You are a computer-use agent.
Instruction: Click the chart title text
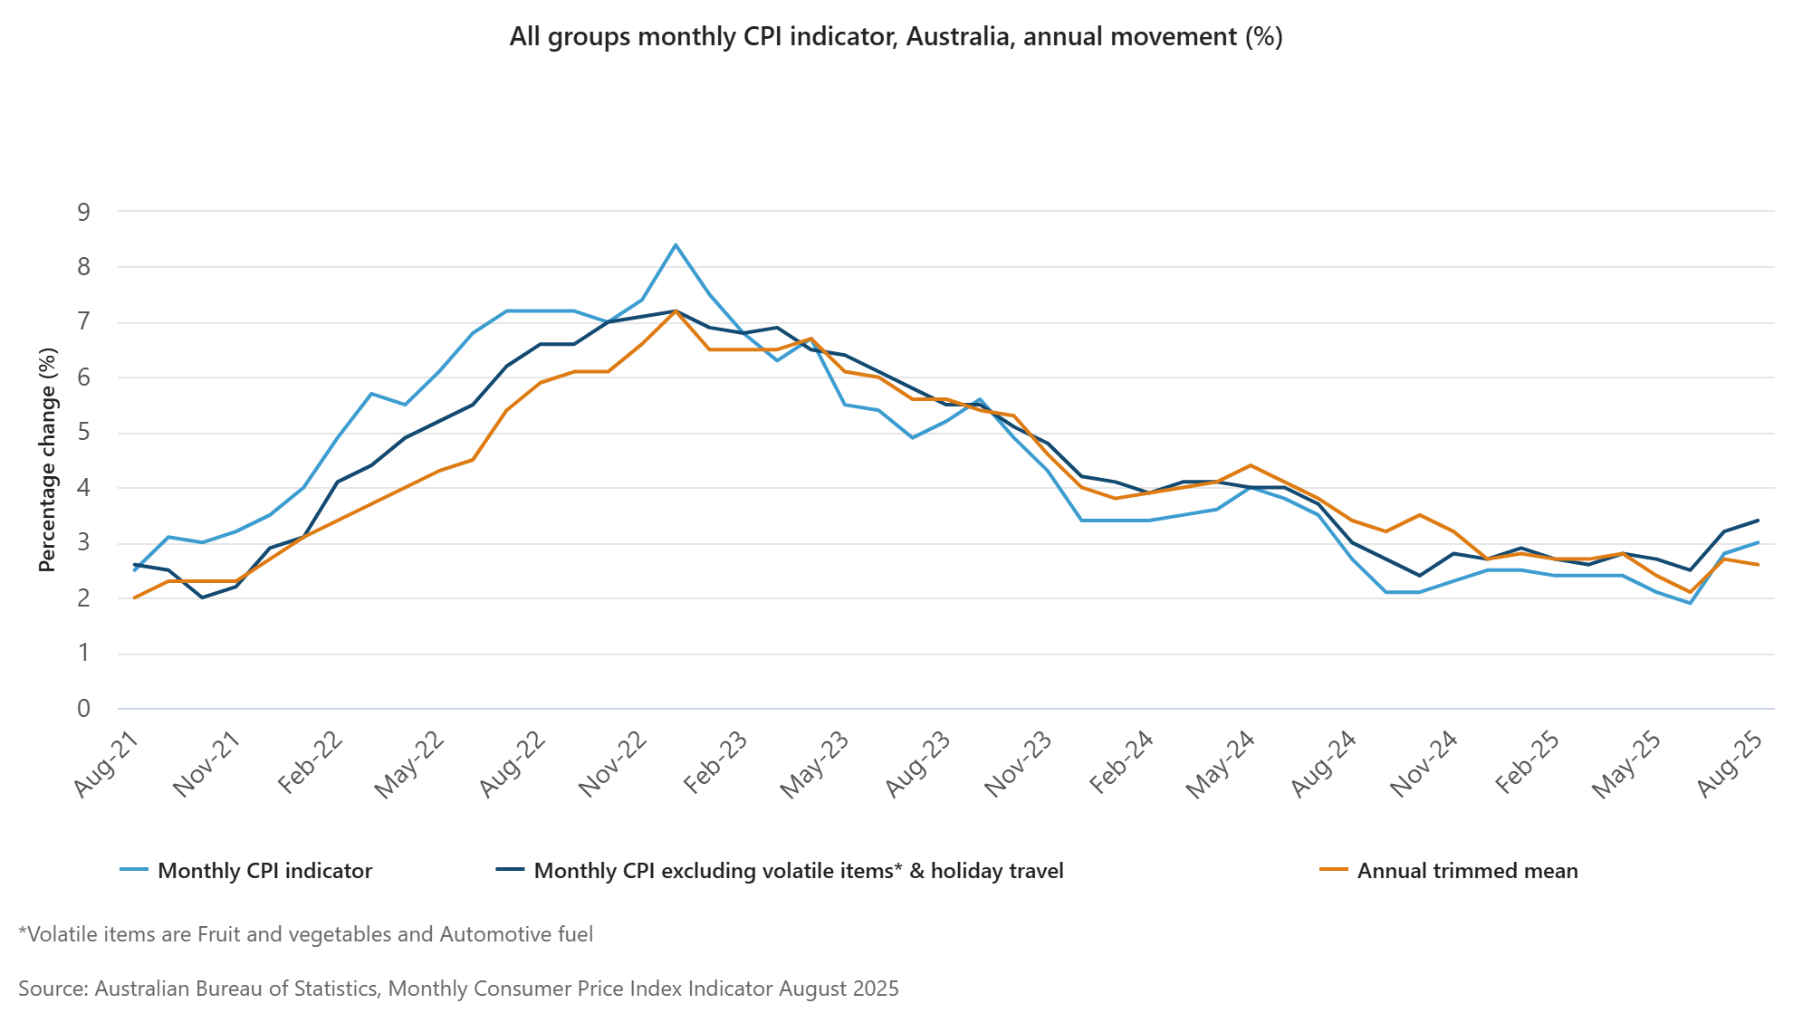point(896,37)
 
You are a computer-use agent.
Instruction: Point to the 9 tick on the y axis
point(84,212)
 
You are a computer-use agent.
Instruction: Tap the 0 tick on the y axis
point(84,709)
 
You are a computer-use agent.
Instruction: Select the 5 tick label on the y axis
point(84,433)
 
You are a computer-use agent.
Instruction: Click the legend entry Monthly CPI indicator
point(264,871)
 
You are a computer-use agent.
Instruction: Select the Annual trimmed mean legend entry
point(1467,871)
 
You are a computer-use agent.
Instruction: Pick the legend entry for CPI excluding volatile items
point(798,871)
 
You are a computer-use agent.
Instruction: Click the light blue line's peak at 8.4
point(676,244)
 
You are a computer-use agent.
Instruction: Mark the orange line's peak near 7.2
point(676,311)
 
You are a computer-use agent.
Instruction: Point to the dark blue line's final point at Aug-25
point(1758,521)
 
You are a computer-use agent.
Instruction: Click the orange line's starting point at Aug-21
point(134,597)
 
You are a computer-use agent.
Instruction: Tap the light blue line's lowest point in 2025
point(1690,603)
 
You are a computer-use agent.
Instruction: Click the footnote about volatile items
point(306,934)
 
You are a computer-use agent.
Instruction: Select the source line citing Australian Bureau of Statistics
point(458,989)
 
